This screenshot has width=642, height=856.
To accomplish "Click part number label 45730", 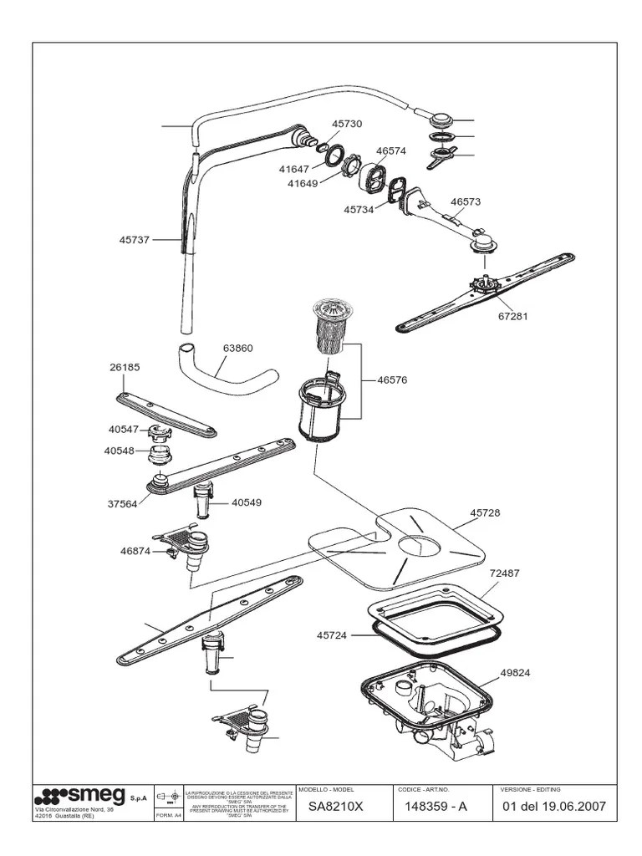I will pyautogui.click(x=347, y=124).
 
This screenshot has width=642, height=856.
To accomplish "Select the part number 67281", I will pyautogui.click(x=513, y=316).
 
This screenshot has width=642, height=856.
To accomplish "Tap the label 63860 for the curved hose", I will pyautogui.click(x=237, y=348).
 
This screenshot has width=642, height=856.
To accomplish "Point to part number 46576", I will pyautogui.click(x=392, y=380).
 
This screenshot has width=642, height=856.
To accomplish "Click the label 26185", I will pyautogui.click(x=124, y=366).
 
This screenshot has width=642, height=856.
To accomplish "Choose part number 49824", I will pyautogui.click(x=516, y=672).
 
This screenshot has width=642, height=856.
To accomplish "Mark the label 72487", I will pyautogui.click(x=504, y=573).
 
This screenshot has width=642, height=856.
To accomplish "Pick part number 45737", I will pyautogui.click(x=135, y=240).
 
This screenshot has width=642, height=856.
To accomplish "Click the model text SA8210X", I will pyautogui.click(x=332, y=808).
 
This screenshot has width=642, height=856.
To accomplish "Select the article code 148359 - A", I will pyautogui.click(x=436, y=808).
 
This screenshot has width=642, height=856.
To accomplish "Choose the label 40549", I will pyautogui.click(x=247, y=502).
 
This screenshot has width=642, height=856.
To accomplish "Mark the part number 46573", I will pyautogui.click(x=466, y=201).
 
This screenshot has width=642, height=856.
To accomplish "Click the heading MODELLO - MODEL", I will pyautogui.click(x=326, y=789).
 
